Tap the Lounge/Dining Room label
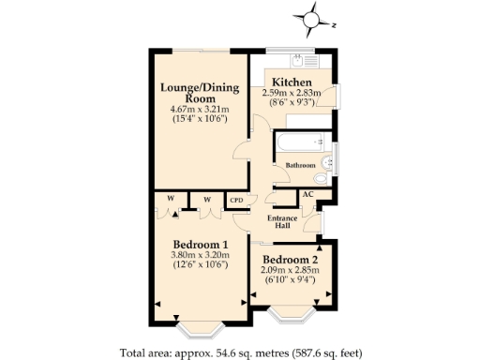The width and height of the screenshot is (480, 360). point(200,93)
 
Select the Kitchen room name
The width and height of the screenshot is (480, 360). point(292,82)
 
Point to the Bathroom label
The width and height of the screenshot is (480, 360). point(301,165)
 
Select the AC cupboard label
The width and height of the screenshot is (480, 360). point(307,195)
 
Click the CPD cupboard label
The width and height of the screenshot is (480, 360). point(236,199)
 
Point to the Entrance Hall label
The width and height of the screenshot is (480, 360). point(283,222)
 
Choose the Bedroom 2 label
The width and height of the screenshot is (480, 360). point(290,260)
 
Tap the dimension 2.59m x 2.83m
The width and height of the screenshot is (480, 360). point(292,93)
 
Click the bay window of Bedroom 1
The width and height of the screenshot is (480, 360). point(201,329)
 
